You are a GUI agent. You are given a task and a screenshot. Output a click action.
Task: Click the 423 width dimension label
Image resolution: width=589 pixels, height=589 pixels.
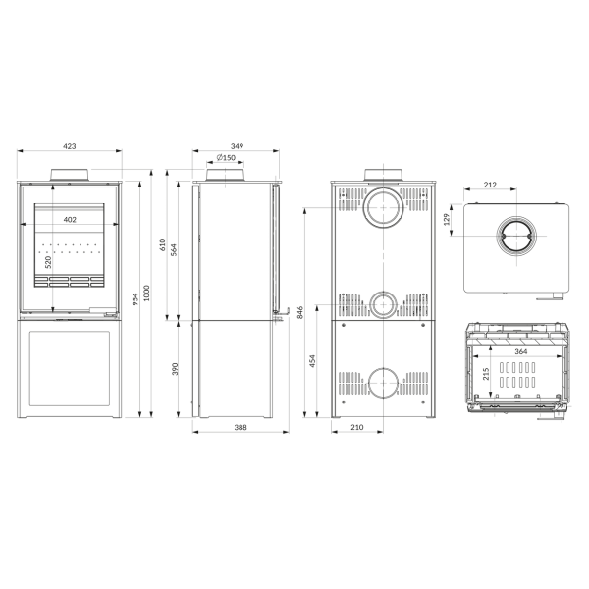pyautogui.click(x=70, y=145)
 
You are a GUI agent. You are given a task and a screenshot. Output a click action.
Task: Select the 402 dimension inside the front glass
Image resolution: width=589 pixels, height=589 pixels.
pyautogui.click(x=70, y=220)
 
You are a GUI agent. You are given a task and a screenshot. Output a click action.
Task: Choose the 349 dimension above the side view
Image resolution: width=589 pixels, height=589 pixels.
pyautogui.click(x=237, y=145)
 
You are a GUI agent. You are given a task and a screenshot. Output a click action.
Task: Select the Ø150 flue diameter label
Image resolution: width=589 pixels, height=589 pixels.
pyautogui.click(x=227, y=158)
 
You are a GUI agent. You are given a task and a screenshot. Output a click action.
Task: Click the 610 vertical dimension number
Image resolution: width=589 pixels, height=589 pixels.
pyautogui.click(x=163, y=246)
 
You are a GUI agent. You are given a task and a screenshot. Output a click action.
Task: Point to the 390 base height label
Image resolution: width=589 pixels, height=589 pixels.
pyautogui.click(x=176, y=368)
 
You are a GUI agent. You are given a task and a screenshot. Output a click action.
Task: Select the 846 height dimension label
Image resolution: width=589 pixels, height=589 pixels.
pyautogui.click(x=299, y=313)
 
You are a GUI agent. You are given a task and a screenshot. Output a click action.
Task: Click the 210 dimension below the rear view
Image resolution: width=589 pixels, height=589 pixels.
pyautogui.click(x=357, y=428)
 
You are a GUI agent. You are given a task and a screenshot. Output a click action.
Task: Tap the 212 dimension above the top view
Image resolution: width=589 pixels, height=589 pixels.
pyautogui.click(x=490, y=186)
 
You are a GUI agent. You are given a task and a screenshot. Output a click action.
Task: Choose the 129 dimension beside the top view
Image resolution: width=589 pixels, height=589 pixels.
pyautogui.click(x=447, y=218)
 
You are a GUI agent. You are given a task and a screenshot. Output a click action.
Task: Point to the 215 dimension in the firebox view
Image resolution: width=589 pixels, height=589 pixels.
pyautogui.click(x=486, y=374)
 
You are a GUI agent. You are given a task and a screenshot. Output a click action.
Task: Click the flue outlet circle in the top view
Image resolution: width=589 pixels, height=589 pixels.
pyautogui.click(x=515, y=239)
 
